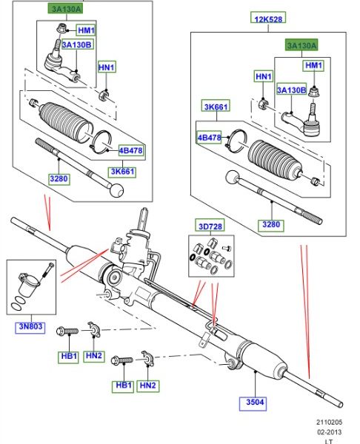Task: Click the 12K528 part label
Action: point(268,18)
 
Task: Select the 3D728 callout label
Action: point(210,226)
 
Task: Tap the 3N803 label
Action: point(30,326)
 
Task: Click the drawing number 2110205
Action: point(329,422)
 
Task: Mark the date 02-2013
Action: point(329,432)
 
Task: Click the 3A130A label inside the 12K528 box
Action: point(301,45)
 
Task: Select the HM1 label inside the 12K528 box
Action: point(313,65)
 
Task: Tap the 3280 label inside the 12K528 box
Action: point(271,224)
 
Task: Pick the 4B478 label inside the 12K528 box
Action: point(209,138)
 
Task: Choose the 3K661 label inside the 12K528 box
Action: point(216,107)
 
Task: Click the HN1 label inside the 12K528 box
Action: point(264,76)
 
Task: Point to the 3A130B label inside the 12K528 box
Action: point(292,90)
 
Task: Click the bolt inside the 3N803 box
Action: point(48,270)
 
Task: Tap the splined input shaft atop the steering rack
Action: point(144,220)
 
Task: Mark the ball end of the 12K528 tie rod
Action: point(233,178)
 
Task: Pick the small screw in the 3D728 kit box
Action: point(227,249)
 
